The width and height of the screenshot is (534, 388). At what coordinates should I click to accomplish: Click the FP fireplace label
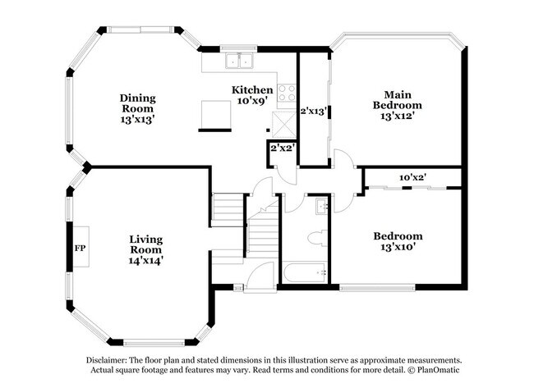[80, 248]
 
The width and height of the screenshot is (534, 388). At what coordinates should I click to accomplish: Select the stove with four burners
[287, 93]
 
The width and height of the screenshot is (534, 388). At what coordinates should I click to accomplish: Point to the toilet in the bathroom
[314, 239]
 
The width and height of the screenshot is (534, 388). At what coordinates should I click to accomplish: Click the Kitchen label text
[251, 89]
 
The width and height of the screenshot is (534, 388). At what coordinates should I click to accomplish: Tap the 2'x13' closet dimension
[313, 110]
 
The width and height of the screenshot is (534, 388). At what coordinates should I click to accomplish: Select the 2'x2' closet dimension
[283, 148]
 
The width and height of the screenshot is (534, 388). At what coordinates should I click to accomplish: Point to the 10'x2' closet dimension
[412, 176]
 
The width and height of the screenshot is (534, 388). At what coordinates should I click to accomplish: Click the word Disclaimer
[111, 360]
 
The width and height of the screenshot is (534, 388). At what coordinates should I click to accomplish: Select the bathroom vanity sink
[323, 205]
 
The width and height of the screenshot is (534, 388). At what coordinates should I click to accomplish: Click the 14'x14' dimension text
[145, 260]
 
